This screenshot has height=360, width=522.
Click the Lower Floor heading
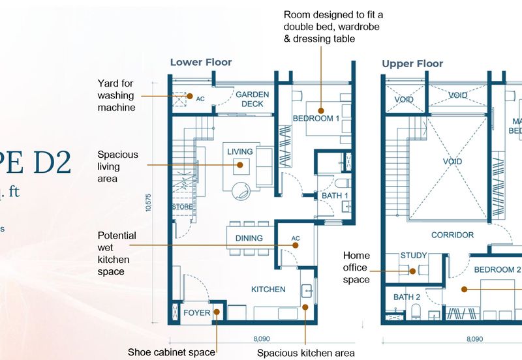point(200,63)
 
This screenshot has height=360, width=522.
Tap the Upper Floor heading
point(412,63)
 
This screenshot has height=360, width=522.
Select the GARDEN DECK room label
point(252,99)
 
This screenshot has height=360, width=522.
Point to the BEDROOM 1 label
point(316,119)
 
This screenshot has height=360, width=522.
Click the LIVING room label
point(239,152)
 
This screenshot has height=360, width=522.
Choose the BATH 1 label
point(335,196)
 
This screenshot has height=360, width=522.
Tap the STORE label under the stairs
point(182,207)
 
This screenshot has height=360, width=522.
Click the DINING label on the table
point(249,238)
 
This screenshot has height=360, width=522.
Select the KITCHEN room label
point(268,289)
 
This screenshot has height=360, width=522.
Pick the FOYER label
point(196,312)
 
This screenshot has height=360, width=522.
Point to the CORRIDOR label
point(452,235)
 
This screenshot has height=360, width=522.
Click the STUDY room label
point(413,256)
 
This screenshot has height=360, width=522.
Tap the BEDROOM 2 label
point(497,270)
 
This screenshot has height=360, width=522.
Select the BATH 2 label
point(407,297)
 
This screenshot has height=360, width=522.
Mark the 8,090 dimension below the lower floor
point(263,339)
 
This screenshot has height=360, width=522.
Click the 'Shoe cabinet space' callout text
point(172,352)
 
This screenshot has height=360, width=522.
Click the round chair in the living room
point(239,190)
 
